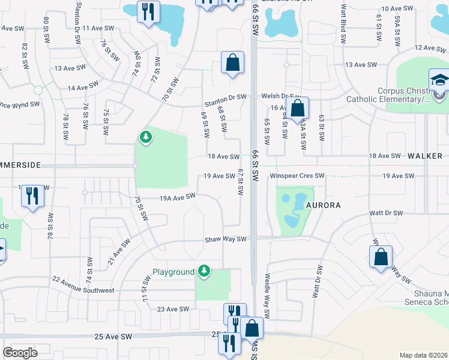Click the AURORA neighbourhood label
click(324, 205)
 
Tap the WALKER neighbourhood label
click(425, 156)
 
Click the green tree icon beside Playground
click(205, 271)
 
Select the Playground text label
click(173, 272)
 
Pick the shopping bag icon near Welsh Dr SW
click(297, 109)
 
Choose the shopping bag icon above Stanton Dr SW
click(232, 62)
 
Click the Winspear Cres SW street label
click(297, 176)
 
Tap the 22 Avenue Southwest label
click(83, 285)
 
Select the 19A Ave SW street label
click(177, 197)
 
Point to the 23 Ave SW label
click(173, 309)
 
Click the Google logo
click(20, 353)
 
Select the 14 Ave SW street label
click(83, 88)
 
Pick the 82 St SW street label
click(25, 55)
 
